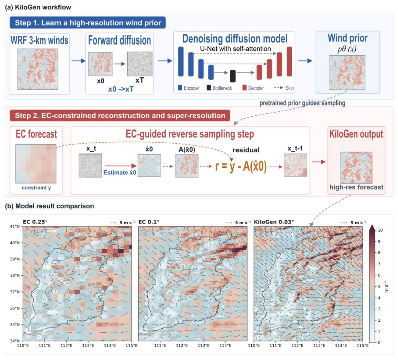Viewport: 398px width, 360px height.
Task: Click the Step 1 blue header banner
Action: [88, 23]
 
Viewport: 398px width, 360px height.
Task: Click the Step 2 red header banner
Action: [120, 115]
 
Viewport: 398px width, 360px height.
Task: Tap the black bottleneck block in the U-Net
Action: [232, 76]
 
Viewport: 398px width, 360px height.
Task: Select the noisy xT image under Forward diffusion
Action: [140, 64]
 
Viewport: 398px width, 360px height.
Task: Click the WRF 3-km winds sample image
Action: [38, 69]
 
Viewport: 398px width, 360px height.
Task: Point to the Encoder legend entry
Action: [189, 88]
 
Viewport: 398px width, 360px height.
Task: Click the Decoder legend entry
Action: [253, 88]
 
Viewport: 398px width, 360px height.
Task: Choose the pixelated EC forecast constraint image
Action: [36, 164]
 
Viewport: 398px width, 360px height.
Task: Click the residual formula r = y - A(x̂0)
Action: [241, 167]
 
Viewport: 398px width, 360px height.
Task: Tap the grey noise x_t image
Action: [90, 166]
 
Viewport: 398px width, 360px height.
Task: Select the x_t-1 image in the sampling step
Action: [295, 165]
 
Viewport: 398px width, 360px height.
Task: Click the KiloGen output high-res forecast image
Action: [356, 167]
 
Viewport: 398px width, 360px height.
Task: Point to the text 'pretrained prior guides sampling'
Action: [302, 103]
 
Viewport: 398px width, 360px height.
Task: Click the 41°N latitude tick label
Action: [15, 226]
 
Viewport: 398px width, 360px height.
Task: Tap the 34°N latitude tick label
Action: [15, 341]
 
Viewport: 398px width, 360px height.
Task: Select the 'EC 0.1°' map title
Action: [149, 222]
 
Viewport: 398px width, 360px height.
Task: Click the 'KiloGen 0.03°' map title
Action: [274, 222]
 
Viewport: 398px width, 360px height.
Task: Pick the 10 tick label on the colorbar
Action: [380, 230]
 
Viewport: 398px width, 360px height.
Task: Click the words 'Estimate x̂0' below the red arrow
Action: [120, 173]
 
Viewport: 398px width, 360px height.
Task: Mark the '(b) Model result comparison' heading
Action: [50, 206]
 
